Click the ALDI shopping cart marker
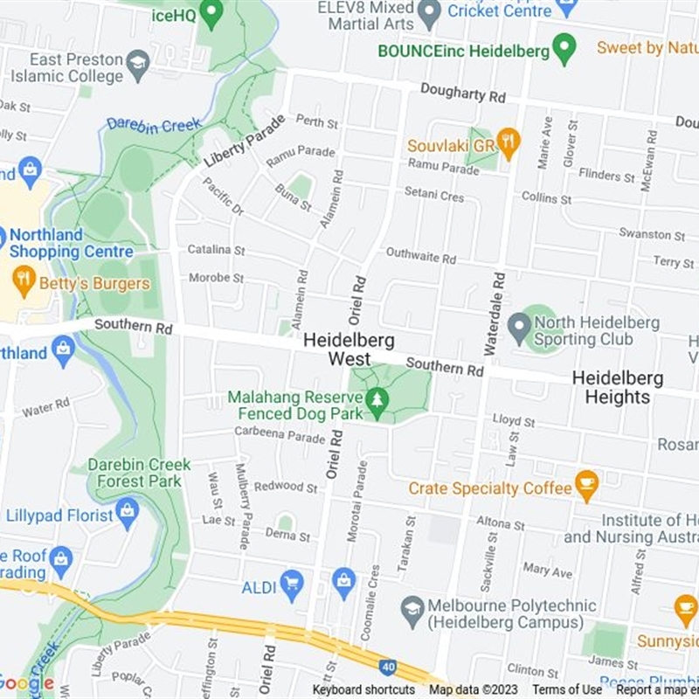[292, 583]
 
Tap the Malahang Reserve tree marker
[377, 401]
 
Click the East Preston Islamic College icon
[137, 63]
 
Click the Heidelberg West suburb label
[349, 349]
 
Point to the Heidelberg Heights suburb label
[617, 388]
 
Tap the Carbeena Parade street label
[280, 434]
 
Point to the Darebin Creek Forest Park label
[139, 473]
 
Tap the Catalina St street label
[216, 250]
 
